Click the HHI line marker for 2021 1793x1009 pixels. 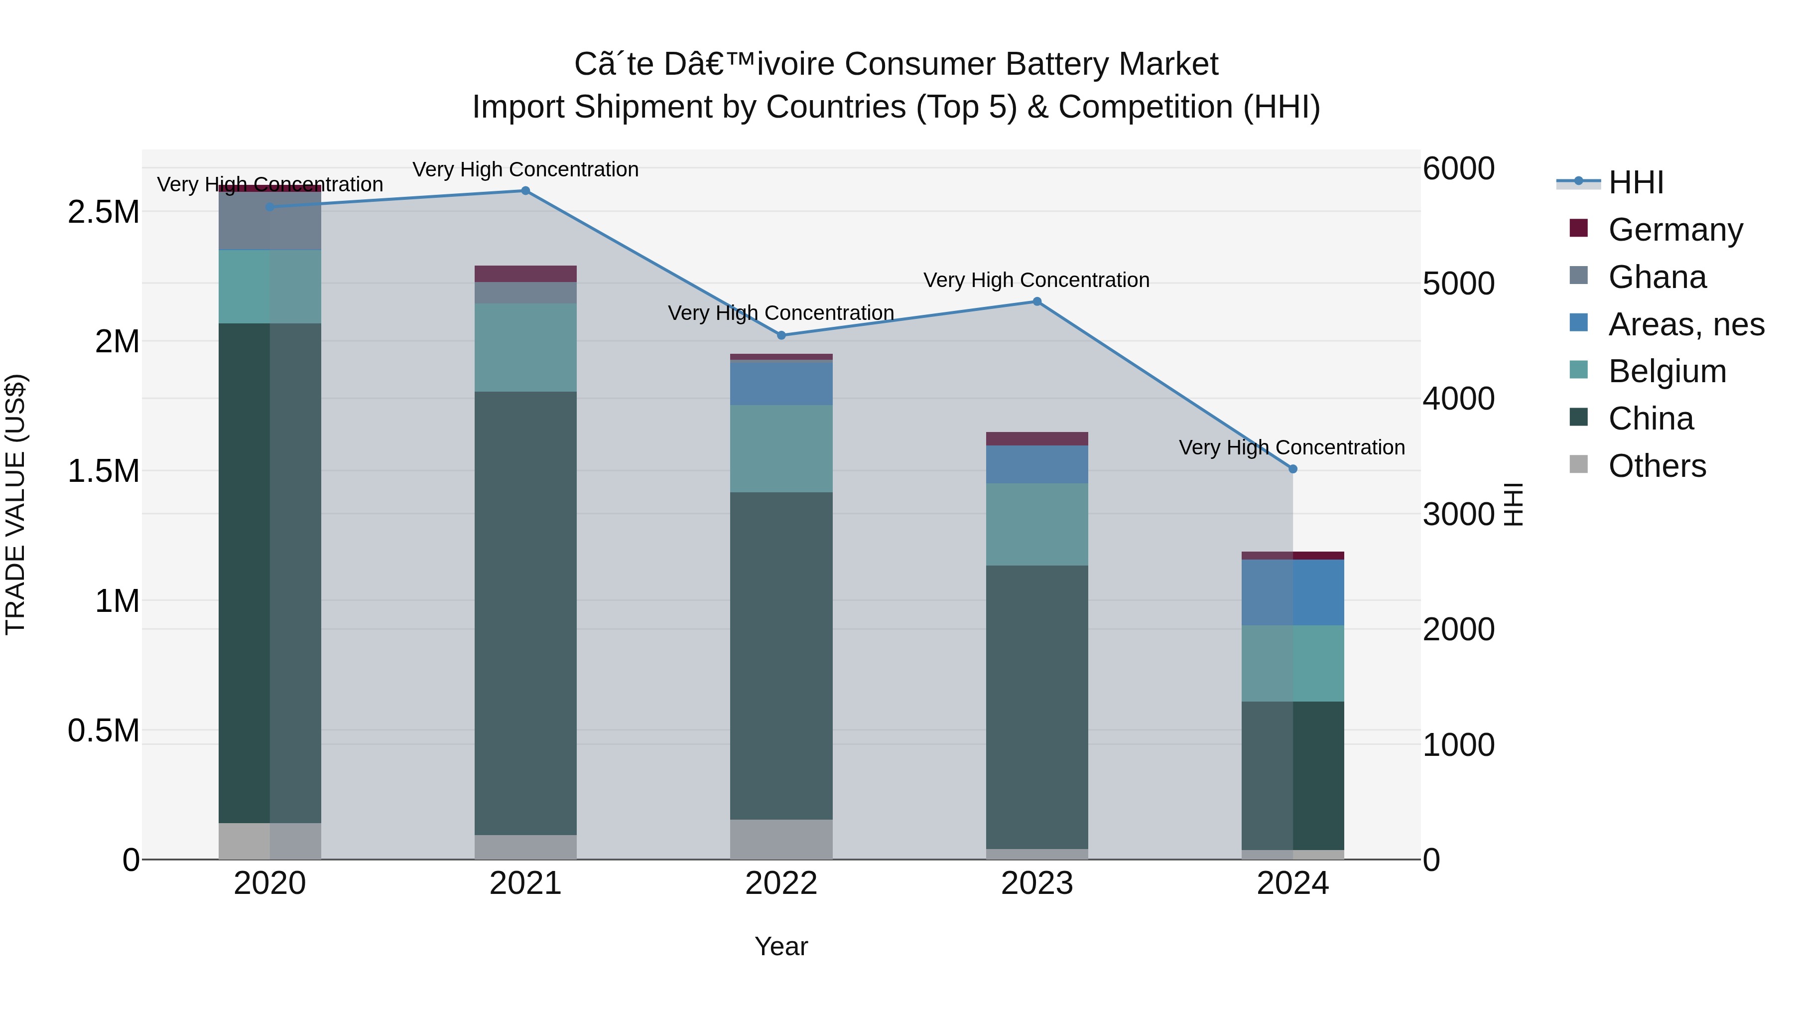(x=525, y=191)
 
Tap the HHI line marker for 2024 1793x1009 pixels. (x=1292, y=469)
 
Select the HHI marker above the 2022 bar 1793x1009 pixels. (x=781, y=335)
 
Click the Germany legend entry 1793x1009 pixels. (x=1674, y=230)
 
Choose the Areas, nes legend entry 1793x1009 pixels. (x=1685, y=324)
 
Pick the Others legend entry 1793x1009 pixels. (x=1657, y=466)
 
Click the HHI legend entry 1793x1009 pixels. (x=1636, y=182)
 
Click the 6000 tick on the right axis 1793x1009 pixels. (x=1458, y=168)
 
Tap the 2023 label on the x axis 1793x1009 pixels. (x=1036, y=883)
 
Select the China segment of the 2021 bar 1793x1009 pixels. (x=525, y=613)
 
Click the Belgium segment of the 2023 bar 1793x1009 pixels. (x=1036, y=524)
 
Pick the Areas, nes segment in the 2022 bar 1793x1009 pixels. (x=781, y=383)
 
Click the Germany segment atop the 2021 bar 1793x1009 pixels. (x=525, y=273)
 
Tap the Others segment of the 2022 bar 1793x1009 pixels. (x=781, y=839)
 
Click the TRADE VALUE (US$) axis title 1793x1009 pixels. (x=15, y=504)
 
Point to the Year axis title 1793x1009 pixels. (x=781, y=946)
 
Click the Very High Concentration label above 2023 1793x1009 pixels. (x=1036, y=280)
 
